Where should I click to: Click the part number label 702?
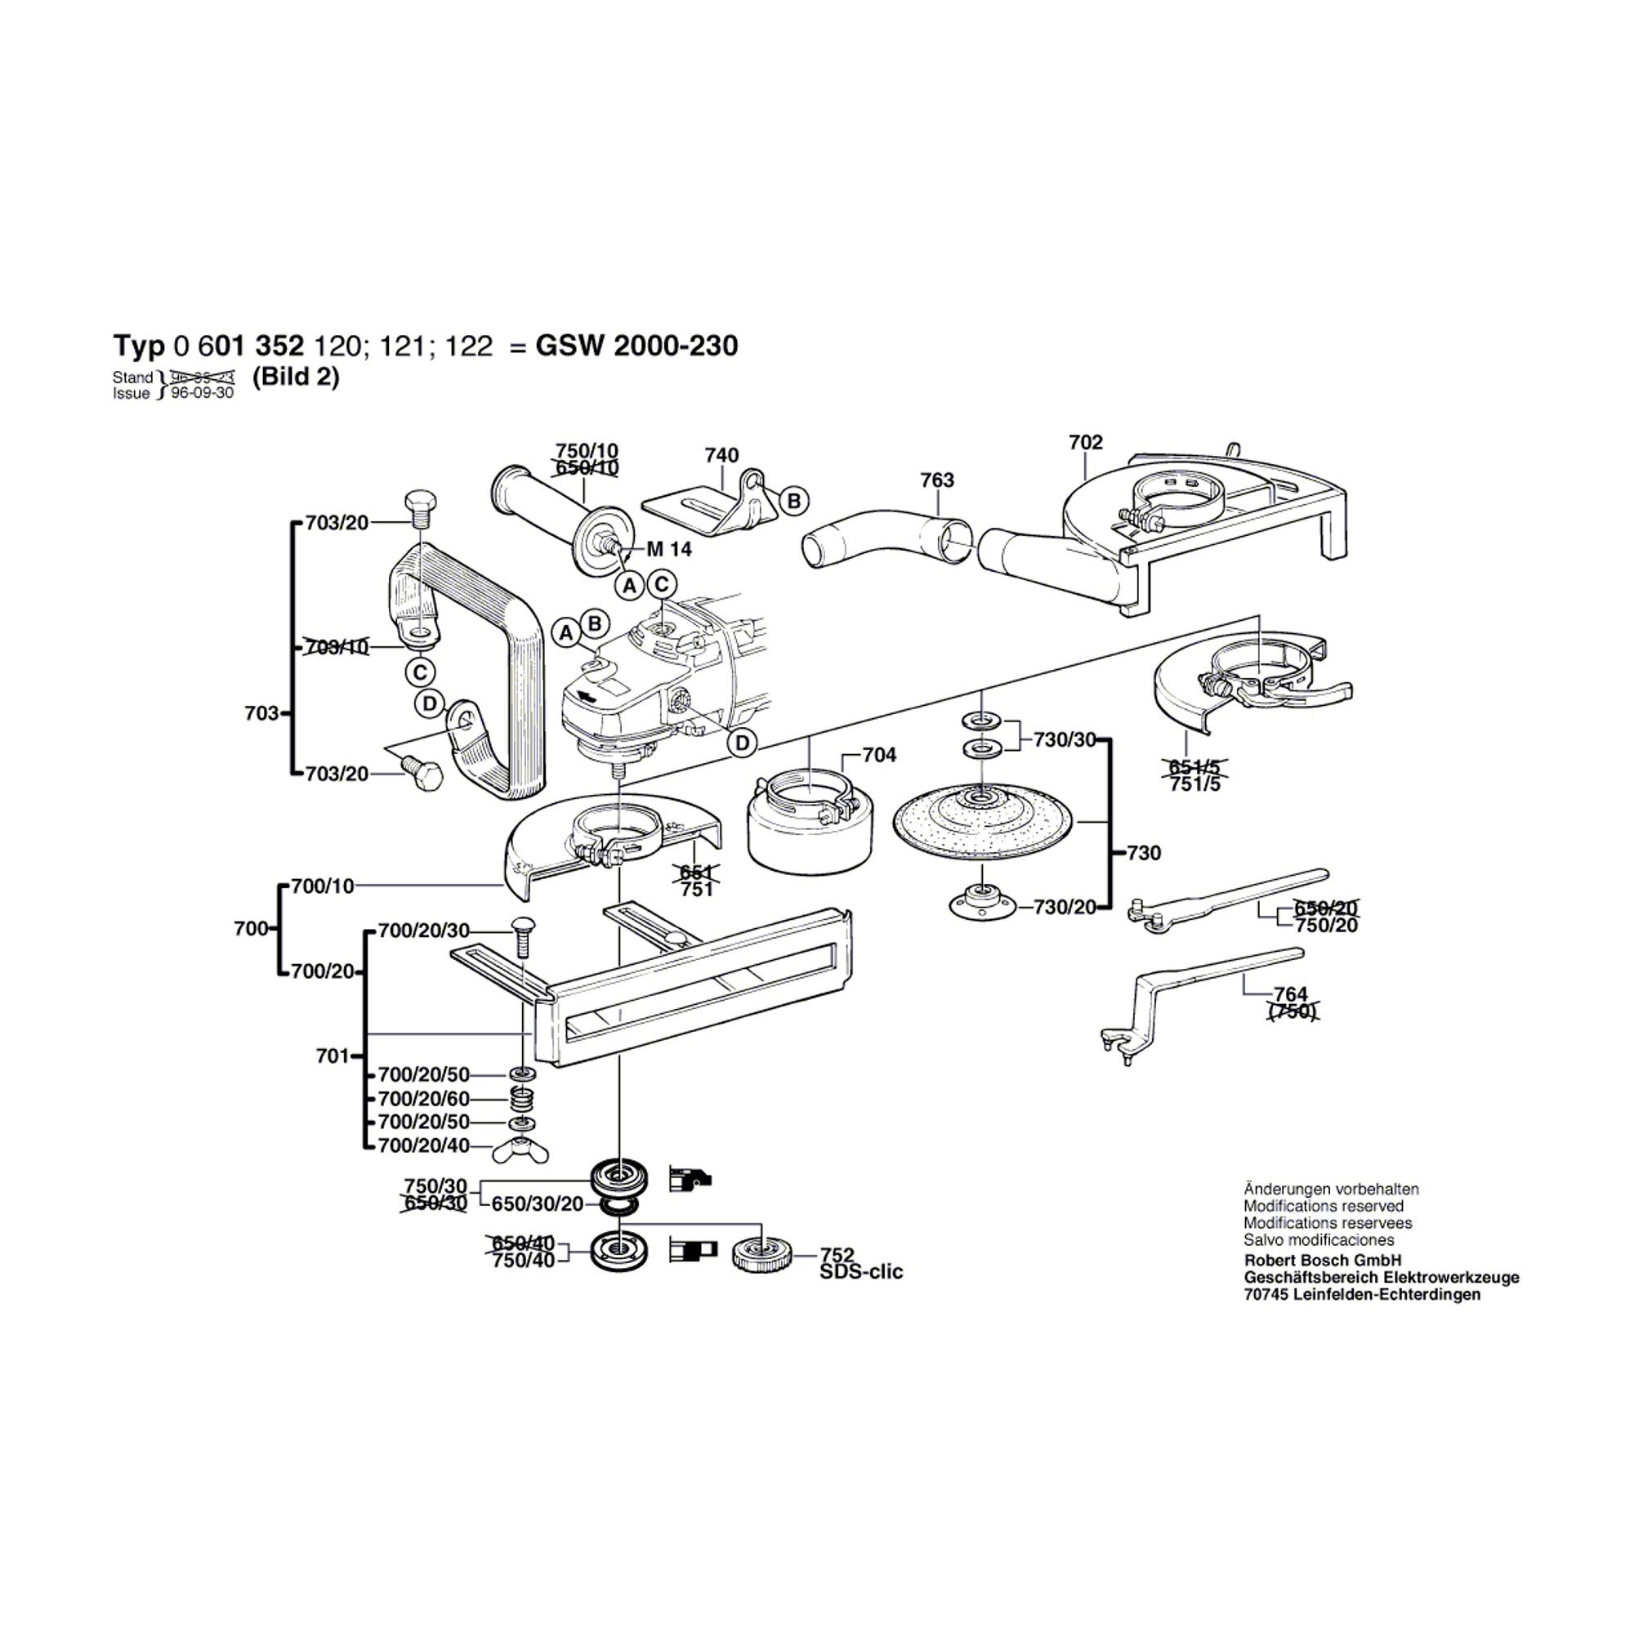pyautogui.click(x=1085, y=442)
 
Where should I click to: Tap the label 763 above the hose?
pyautogui.click(x=937, y=480)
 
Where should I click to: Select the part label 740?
pyautogui.click(x=721, y=456)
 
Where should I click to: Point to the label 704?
pyautogui.click(x=879, y=754)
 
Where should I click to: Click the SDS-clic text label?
pyautogui.click(x=861, y=1272)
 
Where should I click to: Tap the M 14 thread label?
pyautogui.click(x=669, y=549)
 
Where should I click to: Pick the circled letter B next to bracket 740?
pyautogui.click(x=793, y=501)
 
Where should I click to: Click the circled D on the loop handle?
pyautogui.click(x=430, y=703)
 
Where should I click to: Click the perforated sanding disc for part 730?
pyautogui.click(x=981, y=821)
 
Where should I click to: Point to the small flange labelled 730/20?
pyautogui.click(x=981, y=904)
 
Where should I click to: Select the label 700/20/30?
pyautogui.click(x=423, y=931)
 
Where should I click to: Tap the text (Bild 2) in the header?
pyautogui.click(x=295, y=377)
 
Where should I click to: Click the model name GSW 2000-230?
pyautogui.click(x=637, y=346)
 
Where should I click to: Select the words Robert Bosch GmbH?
pyautogui.click(x=1322, y=1260)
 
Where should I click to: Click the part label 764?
pyautogui.click(x=1291, y=994)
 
